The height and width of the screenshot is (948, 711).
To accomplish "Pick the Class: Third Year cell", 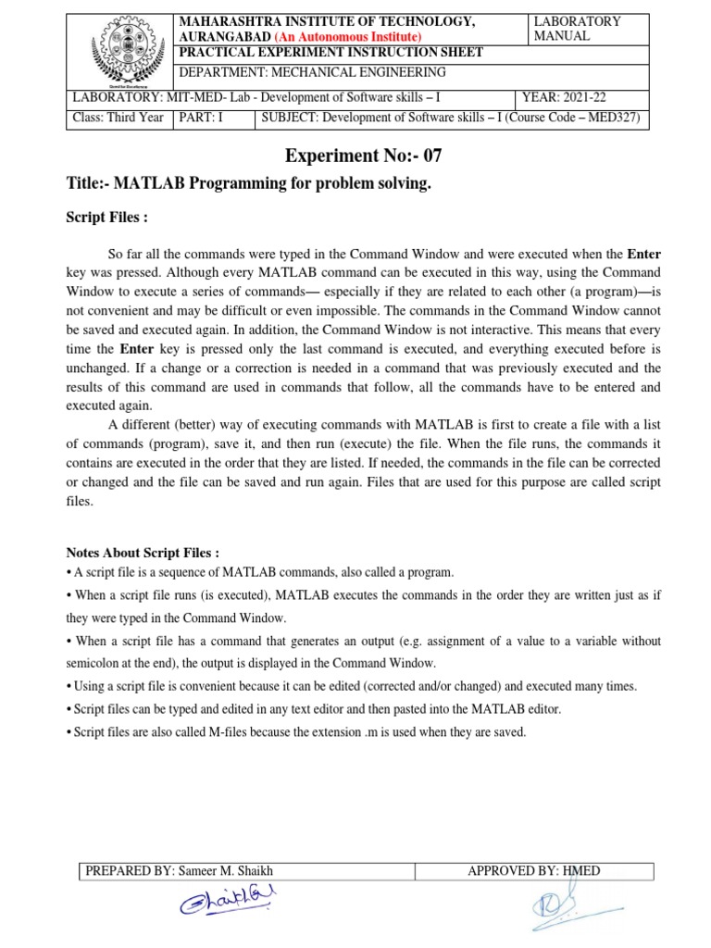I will (118, 118).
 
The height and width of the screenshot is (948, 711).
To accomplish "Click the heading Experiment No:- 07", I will (356, 156).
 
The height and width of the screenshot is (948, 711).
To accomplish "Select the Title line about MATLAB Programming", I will (249, 184).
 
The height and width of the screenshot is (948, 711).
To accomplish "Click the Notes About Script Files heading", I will (143, 553).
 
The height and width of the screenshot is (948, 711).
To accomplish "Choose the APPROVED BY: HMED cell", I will (534, 870).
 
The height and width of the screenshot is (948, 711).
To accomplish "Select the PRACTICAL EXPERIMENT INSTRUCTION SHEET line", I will (331, 52).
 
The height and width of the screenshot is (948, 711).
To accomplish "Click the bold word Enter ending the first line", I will (643, 253).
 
